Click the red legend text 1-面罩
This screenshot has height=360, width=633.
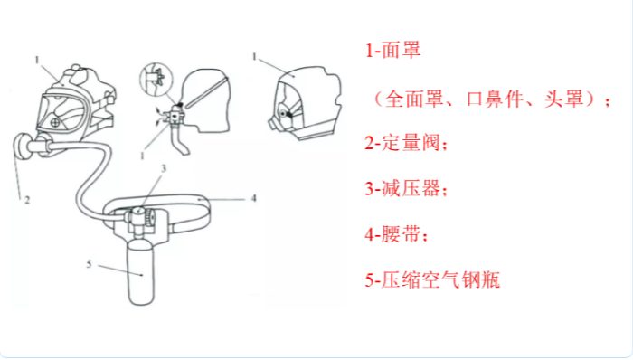(392, 50)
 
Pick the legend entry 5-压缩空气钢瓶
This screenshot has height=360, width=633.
(432, 280)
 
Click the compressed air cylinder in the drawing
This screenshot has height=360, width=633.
(141, 270)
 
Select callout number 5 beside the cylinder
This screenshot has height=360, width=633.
(89, 264)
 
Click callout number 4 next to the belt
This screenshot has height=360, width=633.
(253, 198)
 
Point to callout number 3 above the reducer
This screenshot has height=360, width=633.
(164, 168)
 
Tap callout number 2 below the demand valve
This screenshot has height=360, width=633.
(27, 200)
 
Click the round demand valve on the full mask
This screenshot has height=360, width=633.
(24, 147)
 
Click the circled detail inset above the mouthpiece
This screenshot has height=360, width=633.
(156, 79)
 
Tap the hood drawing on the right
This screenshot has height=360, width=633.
(306, 103)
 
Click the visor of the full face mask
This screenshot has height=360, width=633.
(61, 112)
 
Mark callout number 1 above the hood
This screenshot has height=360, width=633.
(254, 56)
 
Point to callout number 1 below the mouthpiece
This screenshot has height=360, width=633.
(142, 156)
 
